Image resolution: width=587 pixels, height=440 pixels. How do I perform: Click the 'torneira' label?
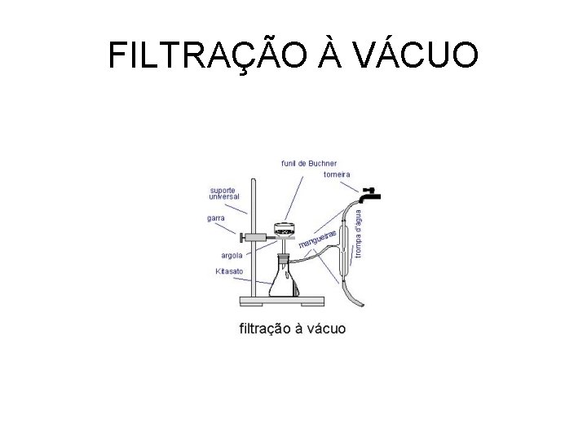337,174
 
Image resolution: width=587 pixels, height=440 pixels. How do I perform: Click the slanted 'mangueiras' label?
317,238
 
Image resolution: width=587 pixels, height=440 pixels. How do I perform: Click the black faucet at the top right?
371,194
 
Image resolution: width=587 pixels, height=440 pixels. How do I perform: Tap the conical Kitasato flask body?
283,283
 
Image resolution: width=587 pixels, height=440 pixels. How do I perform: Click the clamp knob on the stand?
242,238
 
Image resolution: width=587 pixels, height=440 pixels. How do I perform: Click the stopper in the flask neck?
284,257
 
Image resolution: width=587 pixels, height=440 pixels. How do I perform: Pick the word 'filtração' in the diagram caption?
266,328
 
